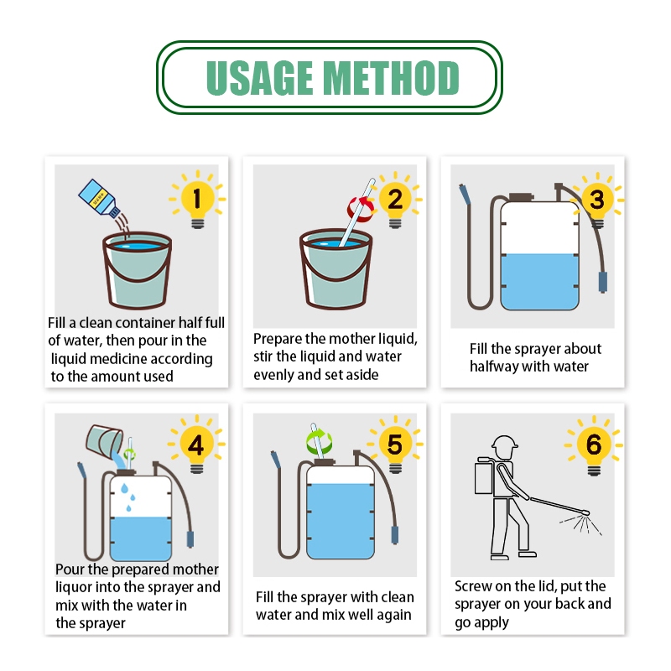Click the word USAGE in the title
point(260,77)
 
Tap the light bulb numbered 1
point(197,202)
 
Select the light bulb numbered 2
point(395,202)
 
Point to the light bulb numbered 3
point(597,203)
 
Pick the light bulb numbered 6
point(594,449)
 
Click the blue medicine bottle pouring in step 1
point(99,199)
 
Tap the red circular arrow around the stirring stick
point(361,210)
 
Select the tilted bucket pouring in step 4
point(104,441)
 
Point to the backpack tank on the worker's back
point(484,478)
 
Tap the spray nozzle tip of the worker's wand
point(586,512)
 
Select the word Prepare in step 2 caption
point(278,340)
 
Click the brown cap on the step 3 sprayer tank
point(521,197)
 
